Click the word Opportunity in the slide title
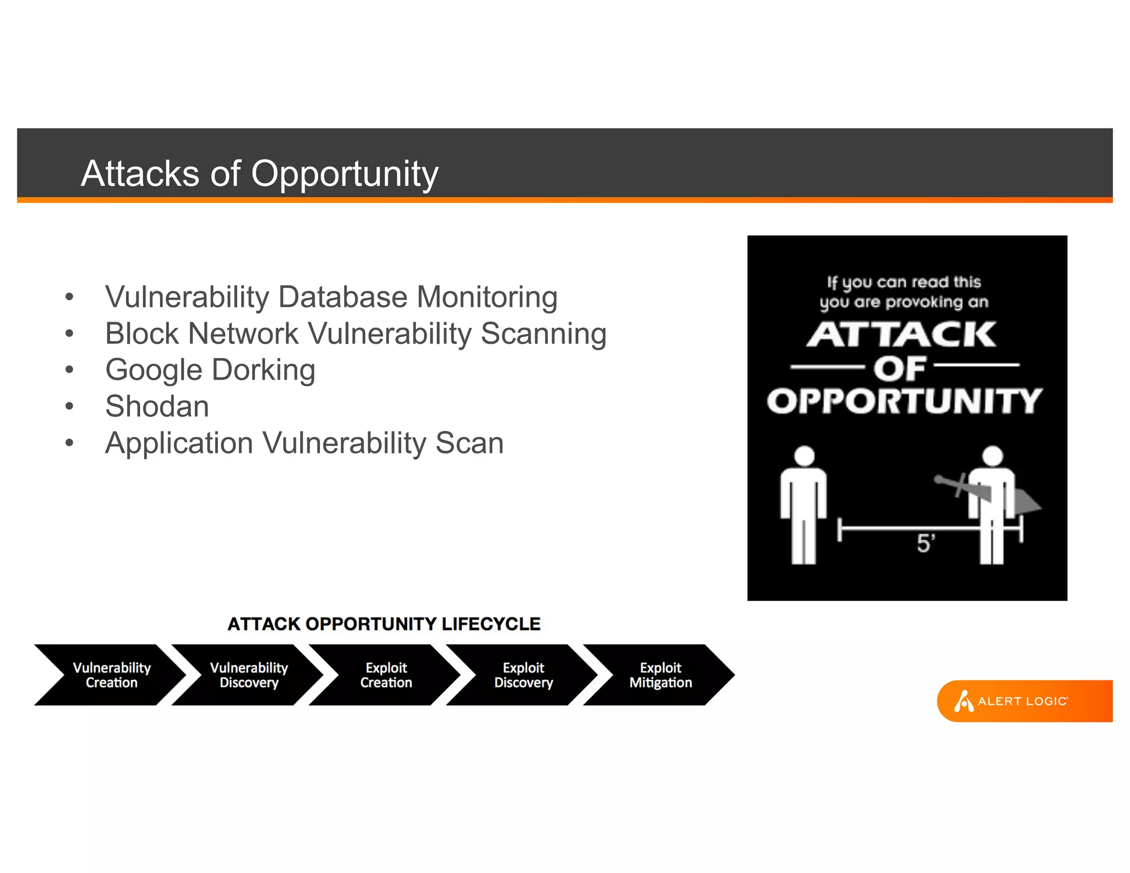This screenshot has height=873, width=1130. coord(345,174)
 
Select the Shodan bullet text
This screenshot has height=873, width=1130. coord(157,407)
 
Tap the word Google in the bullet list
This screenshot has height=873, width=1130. coord(154,370)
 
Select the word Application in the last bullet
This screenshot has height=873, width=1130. coord(179,443)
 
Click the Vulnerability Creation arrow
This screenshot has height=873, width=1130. coord(111,675)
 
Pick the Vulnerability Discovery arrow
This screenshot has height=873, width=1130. coord(249,675)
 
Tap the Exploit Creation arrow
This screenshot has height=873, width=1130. coord(386,675)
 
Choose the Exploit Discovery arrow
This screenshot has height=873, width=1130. coord(523,675)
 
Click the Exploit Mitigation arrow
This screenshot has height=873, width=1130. coord(660,675)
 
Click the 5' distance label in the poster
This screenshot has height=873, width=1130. coord(925,544)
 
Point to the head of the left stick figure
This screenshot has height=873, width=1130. coord(804,456)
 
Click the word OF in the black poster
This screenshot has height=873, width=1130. coord(899,368)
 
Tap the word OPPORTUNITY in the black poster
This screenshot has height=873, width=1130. coord(904,401)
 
